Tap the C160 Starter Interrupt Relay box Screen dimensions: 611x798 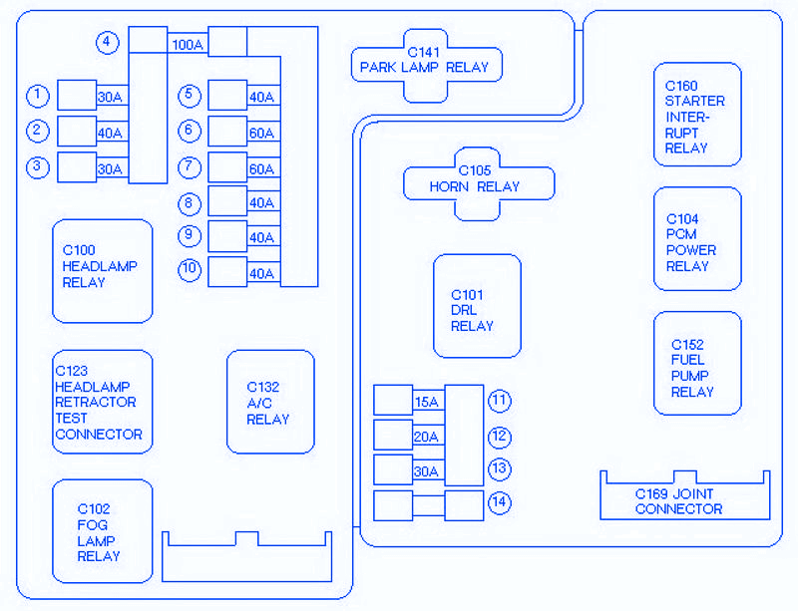click(696, 115)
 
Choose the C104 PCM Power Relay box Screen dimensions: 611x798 click(696, 240)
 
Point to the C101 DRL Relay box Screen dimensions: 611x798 click(476, 307)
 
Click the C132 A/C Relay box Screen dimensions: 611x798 click(270, 402)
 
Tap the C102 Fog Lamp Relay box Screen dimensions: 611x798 click(102, 531)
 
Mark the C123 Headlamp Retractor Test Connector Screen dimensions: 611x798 click(102, 402)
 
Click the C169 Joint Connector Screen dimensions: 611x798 click(683, 498)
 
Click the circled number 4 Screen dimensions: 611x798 click(107, 43)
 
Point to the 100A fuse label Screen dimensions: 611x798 click(188, 45)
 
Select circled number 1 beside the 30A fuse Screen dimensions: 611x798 click(38, 96)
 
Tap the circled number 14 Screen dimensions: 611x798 click(499, 502)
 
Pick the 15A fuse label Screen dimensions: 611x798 click(426, 402)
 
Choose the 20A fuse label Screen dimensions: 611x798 click(426, 437)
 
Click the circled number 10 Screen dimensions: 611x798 click(190, 269)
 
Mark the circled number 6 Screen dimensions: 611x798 click(190, 131)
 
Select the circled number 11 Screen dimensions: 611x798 click(499, 401)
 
